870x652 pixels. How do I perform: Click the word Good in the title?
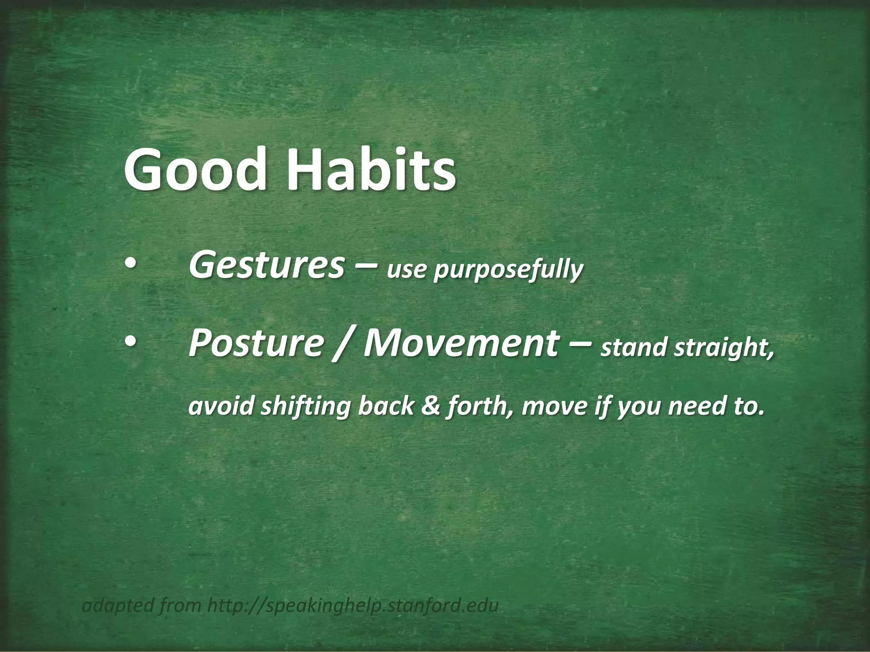[196, 170]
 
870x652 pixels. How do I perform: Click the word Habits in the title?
[371, 170]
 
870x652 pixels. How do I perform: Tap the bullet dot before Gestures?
[130, 265]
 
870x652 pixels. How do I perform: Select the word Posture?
[256, 343]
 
